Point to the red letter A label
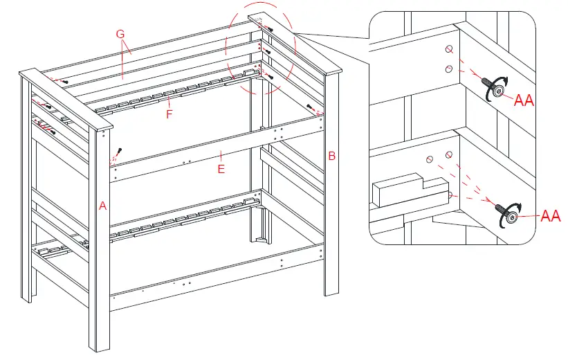(x=102, y=206)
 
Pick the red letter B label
(x=331, y=156)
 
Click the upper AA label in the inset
(x=524, y=101)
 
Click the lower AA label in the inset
(x=550, y=217)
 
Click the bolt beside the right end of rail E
(x=312, y=108)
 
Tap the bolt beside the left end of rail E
(x=120, y=152)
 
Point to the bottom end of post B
(x=330, y=291)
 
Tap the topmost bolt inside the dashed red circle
(x=268, y=29)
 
